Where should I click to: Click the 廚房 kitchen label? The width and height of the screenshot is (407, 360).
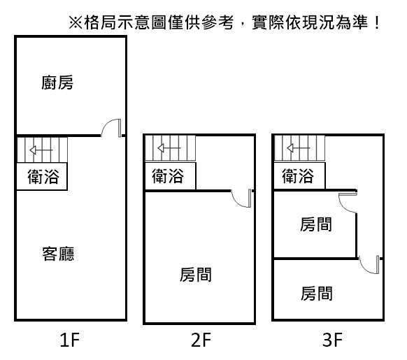click(x=57, y=82)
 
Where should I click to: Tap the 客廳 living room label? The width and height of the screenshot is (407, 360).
click(x=58, y=254)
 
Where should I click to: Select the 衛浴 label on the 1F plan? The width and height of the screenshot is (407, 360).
click(x=43, y=176)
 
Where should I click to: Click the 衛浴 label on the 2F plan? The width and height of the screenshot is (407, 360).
click(x=168, y=175)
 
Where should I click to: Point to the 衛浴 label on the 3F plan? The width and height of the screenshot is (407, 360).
click(x=298, y=175)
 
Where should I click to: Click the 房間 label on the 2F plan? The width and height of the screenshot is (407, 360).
click(x=196, y=275)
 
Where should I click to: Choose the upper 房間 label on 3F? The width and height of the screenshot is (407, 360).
click(x=316, y=224)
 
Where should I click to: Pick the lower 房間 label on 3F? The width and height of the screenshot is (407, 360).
click(x=317, y=294)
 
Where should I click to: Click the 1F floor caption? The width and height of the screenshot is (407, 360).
click(x=69, y=340)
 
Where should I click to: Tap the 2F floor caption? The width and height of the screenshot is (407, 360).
click(x=201, y=340)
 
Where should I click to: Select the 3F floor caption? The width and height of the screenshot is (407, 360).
click(x=332, y=340)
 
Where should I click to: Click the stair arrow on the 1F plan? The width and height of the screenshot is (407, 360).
click(x=41, y=150)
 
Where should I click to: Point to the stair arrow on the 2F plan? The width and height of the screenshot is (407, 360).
click(x=169, y=148)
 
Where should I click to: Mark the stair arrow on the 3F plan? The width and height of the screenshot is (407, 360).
click(x=298, y=148)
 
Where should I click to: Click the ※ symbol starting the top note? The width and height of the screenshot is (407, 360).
click(x=76, y=22)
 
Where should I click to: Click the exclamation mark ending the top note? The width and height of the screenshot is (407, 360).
click(x=377, y=22)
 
